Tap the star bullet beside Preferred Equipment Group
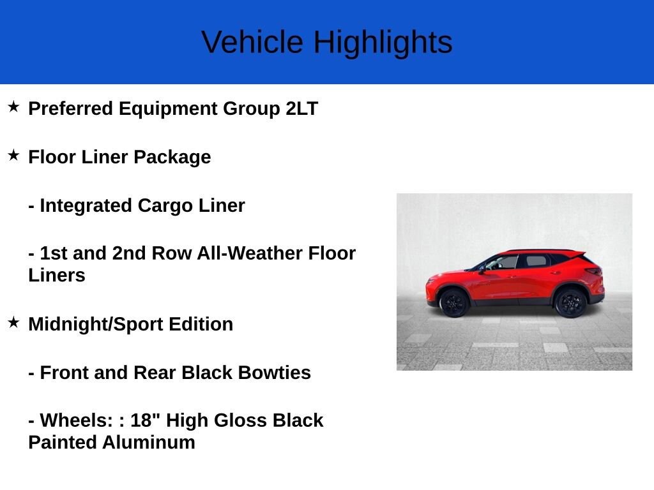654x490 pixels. [x=14, y=107]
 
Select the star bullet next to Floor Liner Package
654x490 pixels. [x=14, y=155]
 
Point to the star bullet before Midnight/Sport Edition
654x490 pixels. [x=14, y=322]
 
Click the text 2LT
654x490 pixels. [x=301, y=108]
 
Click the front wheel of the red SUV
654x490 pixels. [x=454, y=302]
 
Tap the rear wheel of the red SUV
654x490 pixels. [x=570, y=302]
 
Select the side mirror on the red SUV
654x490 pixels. [x=483, y=270]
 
